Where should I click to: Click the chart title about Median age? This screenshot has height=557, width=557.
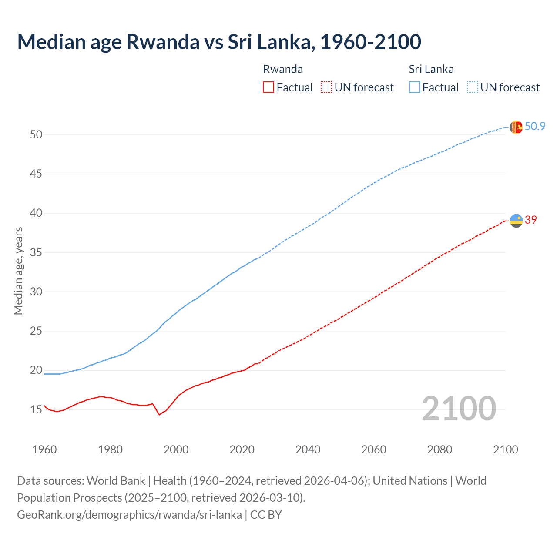pos(219,42)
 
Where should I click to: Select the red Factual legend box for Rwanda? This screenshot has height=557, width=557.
pos(268,87)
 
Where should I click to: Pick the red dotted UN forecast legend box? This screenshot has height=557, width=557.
pos(326,87)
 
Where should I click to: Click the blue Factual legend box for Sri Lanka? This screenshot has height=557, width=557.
pos(414,87)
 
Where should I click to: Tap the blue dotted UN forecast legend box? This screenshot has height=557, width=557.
pos(472,87)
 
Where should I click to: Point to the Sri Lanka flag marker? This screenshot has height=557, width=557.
pos(516,127)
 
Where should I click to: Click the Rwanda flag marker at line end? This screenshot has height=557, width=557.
pos(516,221)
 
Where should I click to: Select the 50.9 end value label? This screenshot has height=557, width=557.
pos(535,126)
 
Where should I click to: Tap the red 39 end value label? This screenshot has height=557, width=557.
pos(531,220)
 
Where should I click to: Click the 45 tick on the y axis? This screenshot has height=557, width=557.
pos(36,174)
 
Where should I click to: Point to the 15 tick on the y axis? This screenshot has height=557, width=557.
pos(36,409)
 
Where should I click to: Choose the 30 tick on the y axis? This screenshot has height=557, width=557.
pos(36,292)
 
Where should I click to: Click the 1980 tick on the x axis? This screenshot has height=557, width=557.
pos(110,450)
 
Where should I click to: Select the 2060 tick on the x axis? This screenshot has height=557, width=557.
pos(374,450)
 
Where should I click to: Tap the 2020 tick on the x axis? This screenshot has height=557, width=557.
pos(242,450)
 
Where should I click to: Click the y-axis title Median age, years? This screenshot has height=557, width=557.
pos(18,271)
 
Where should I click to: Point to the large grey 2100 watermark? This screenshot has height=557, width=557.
pos(459,408)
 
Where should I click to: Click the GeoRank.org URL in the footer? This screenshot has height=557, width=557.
pos(129,515)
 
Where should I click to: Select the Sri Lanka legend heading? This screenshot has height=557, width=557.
pos(431,69)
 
